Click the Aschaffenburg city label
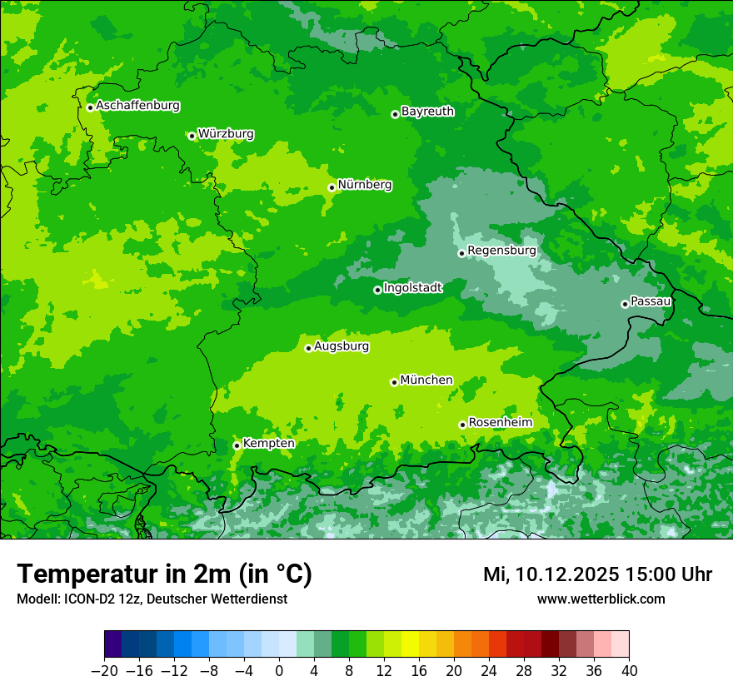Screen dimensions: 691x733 [137, 106]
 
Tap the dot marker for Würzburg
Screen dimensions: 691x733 [192, 136]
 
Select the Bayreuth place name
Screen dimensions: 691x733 [427, 111]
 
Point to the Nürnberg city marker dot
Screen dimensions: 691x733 [332, 187]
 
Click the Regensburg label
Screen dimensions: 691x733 [501, 250]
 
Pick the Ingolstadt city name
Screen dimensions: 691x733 [412, 287]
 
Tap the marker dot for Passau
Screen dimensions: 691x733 [625, 304]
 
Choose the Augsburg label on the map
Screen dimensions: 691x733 [342, 346]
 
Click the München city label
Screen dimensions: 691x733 [426, 380]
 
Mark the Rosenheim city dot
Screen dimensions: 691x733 [462, 425]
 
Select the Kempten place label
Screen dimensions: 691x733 [268, 443]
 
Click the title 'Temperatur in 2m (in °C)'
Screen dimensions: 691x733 [164, 574]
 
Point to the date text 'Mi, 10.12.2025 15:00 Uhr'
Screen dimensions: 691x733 [597, 574]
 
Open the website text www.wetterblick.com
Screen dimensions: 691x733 [601, 599]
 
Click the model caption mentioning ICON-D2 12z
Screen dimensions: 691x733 [152, 599]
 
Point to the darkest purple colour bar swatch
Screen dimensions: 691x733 [112, 644]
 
